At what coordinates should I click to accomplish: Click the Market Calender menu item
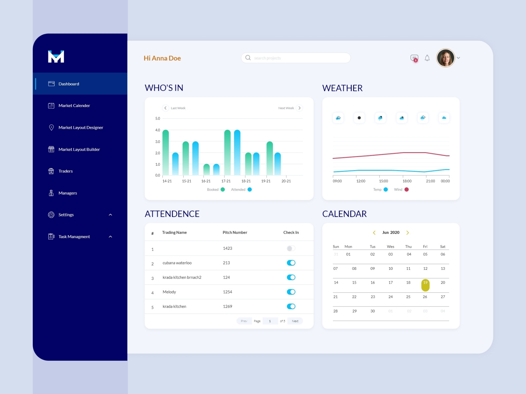pyautogui.click(x=74, y=106)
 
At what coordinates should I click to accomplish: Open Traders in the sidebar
pyautogui.click(x=65, y=171)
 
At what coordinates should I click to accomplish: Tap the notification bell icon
pyautogui.click(x=427, y=58)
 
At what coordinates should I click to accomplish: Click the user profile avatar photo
pyautogui.click(x=445, y=58)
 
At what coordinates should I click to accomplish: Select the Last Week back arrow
pyautogui.click(x=165, y=108)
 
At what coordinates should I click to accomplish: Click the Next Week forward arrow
pyautogui.click(x=299, y=108)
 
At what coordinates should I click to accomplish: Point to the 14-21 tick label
pyautogui.click(x=167, y=181)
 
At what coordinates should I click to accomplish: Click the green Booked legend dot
pyautogui.click(x=223, y=190)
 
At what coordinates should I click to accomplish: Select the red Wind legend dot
pyautogui.click(x=406, y=190)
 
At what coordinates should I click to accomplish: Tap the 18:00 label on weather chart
pyautogui.click(x=407, y=181)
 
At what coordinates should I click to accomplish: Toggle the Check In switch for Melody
pyautogui.click(x=291, y=292)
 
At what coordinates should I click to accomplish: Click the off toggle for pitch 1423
pyautogui.click(x=291, y=248)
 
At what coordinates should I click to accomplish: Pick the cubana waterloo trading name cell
pyautogui.click(x=177, y=263)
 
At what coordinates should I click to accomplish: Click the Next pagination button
pyautogui.click(x=295, y=321)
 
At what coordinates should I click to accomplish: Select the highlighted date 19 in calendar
pyautogui.click(x=425, y=285)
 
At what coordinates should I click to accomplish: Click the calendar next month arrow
pyautogui.click(x=408, y=233)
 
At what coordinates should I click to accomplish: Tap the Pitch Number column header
pyautogui.click(x=235, y=233)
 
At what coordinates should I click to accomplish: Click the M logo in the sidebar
pyautogui.click(x=56, y=57)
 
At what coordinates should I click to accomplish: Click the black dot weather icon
pyautogui.click(x=359, y=118)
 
